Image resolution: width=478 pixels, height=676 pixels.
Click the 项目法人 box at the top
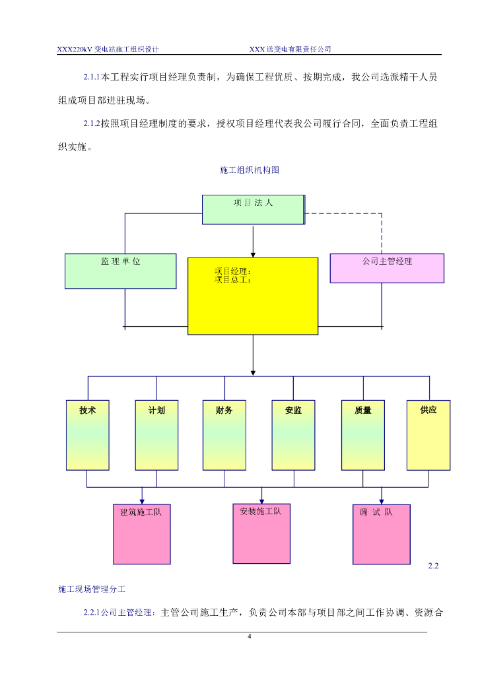253,209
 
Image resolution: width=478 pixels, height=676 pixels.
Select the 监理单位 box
121,271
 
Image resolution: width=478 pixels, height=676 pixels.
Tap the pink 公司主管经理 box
387,268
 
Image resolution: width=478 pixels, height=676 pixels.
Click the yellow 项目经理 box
253,296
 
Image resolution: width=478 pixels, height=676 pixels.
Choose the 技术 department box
88,434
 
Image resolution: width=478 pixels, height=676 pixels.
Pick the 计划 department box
156,434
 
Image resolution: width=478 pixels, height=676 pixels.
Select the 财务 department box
224,434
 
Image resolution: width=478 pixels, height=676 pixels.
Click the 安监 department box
294,434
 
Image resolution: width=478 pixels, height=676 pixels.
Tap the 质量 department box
363,434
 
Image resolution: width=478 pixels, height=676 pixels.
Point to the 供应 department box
428,434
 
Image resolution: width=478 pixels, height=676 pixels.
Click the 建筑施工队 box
141,534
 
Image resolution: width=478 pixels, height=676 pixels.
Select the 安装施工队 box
261,533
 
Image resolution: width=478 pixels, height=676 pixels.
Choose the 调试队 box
381,534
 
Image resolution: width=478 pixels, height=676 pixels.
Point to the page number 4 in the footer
249,636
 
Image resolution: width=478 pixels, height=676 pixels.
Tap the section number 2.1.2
91,123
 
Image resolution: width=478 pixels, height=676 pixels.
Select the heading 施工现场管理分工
96,588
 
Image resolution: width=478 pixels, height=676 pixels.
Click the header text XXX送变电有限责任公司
290,49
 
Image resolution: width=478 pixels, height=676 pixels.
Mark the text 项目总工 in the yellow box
232,280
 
